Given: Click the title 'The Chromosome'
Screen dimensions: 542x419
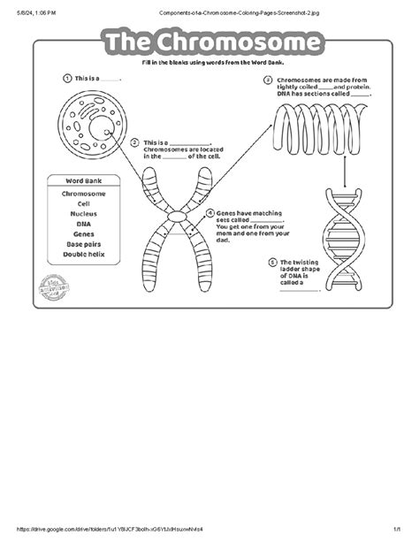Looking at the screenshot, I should click(209, 43).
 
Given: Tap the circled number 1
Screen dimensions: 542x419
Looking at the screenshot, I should click(66, 78).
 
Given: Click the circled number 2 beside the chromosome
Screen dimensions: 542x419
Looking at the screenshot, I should click(135, 142).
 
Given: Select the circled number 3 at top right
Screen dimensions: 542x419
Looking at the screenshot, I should click(268, 80).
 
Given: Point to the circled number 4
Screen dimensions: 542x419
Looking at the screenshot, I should click(209, 213).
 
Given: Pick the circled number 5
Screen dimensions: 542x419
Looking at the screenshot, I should click(272, 262).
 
